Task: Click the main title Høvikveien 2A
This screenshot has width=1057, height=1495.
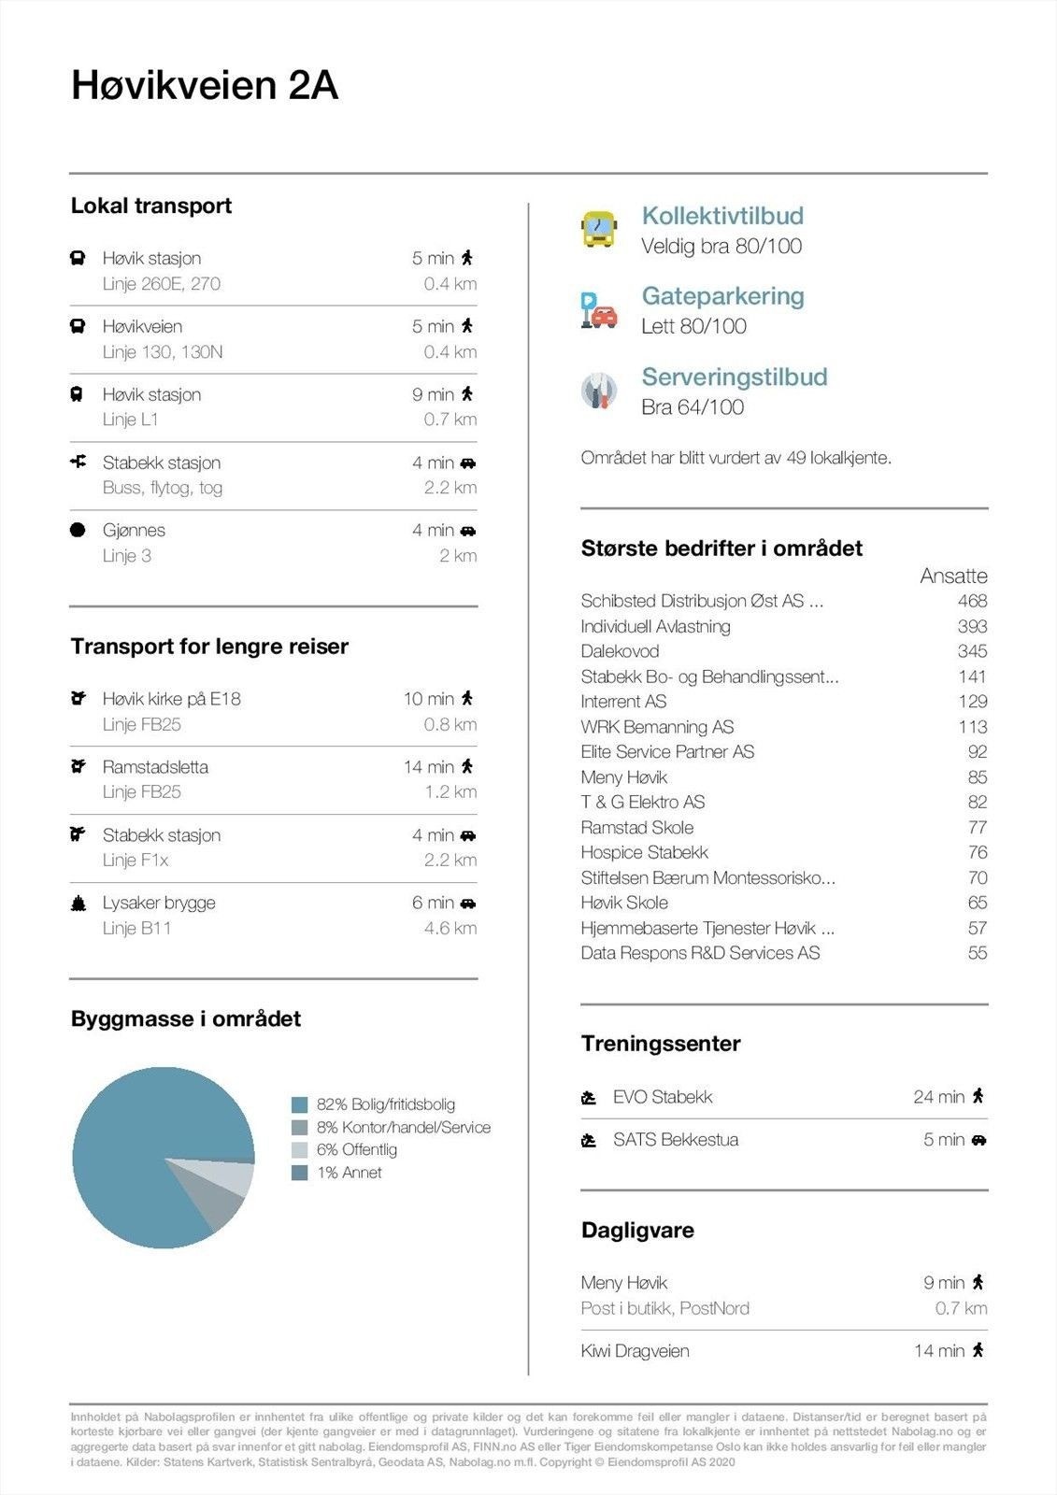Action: [x=205, y=86]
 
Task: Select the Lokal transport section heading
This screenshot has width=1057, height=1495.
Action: [x=151, y=206]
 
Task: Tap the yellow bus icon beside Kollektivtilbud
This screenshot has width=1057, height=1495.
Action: [x=599, y=229]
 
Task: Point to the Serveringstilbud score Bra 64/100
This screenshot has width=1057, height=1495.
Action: [x=693, y=407]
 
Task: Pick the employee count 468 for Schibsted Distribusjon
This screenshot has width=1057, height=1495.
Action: [x=972, y=601]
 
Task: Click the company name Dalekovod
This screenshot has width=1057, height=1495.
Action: [x=620, y=651]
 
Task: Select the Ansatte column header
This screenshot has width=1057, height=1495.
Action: [x=953, y=576]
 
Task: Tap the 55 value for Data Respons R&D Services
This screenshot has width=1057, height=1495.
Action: [x=978, y=953]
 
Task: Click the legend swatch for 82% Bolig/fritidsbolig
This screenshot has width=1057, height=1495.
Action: [x=300, y=1104]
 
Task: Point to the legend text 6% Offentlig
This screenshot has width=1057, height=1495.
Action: [x=357, y=1150]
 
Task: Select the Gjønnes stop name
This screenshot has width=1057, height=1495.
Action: [x=134, y=531]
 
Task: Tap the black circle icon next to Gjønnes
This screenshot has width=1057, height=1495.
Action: [x=79, y=531]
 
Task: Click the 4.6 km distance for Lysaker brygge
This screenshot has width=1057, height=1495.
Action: [x=450, y=929]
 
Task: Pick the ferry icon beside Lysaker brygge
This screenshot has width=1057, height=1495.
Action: [x=79, y=904]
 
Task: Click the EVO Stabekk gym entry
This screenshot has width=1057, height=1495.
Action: [x=663, y=1097]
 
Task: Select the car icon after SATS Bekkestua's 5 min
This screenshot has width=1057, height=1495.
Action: [x=978, y=1140]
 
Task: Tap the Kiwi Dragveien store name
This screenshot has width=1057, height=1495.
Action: [x=636, y=1351]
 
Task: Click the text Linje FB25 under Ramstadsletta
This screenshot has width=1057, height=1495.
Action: [x=142, y=792]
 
